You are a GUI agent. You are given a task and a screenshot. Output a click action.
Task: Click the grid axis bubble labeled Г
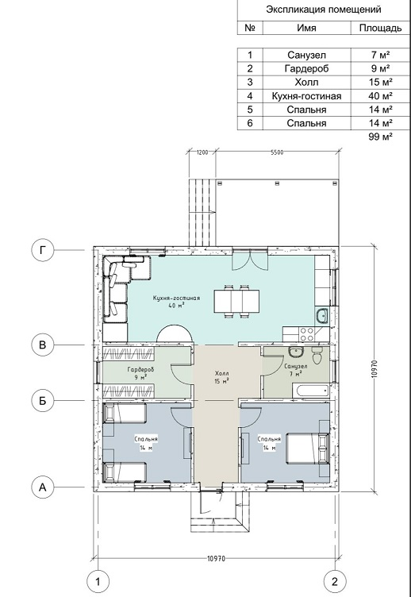pos(43,251)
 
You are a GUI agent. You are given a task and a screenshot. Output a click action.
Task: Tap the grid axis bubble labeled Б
pos(43,401)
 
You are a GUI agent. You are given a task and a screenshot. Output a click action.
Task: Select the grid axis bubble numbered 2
pos(335,581)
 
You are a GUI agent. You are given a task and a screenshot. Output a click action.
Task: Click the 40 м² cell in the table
pos(380,96)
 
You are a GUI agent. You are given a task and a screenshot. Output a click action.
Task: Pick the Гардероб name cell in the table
pos(306,68)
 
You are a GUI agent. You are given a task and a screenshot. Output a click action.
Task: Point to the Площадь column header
pos(380,28)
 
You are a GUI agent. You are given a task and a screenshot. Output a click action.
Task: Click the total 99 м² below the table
pos(380,137)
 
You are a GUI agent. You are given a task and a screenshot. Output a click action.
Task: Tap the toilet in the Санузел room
pos(317,355)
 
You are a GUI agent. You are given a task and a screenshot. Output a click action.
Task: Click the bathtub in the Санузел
pos(309,391)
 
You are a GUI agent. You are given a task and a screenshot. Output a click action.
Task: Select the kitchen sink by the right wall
pos(323,316)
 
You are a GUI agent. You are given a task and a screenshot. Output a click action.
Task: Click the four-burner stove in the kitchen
pos(307,334)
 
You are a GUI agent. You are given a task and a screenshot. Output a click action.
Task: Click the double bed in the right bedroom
pos(308,448)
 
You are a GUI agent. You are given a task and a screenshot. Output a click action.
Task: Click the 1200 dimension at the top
pos(202,152)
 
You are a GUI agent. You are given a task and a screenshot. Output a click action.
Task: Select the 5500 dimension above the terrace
pos(277,152)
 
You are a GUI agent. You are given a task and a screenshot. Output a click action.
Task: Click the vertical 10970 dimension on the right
pos(374,368)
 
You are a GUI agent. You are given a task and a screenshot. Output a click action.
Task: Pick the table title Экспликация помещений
pos(324,10)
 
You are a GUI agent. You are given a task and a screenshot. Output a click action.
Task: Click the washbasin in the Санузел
pos(295,352)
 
